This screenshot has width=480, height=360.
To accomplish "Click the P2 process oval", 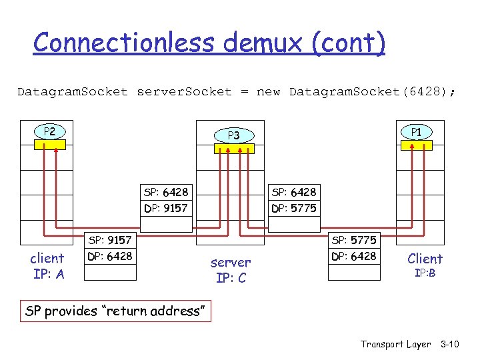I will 49,131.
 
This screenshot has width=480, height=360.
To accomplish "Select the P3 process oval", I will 233,135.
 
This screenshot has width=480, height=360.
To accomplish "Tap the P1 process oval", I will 415,132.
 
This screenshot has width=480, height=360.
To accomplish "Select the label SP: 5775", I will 354,240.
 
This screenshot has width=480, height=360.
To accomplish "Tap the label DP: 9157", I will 166,208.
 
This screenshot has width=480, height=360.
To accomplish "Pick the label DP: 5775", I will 294,208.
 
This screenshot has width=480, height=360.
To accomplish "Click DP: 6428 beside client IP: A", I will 110,256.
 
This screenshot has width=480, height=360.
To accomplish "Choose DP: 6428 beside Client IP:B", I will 354,256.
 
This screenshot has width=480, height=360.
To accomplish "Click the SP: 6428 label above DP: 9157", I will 166,192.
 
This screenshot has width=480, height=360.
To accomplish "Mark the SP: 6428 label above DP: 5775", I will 294,192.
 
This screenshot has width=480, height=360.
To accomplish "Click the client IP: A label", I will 47,266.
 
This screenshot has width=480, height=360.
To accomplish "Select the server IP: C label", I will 231,270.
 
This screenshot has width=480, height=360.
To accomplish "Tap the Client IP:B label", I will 425,265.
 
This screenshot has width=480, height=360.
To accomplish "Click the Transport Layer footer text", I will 396,344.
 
